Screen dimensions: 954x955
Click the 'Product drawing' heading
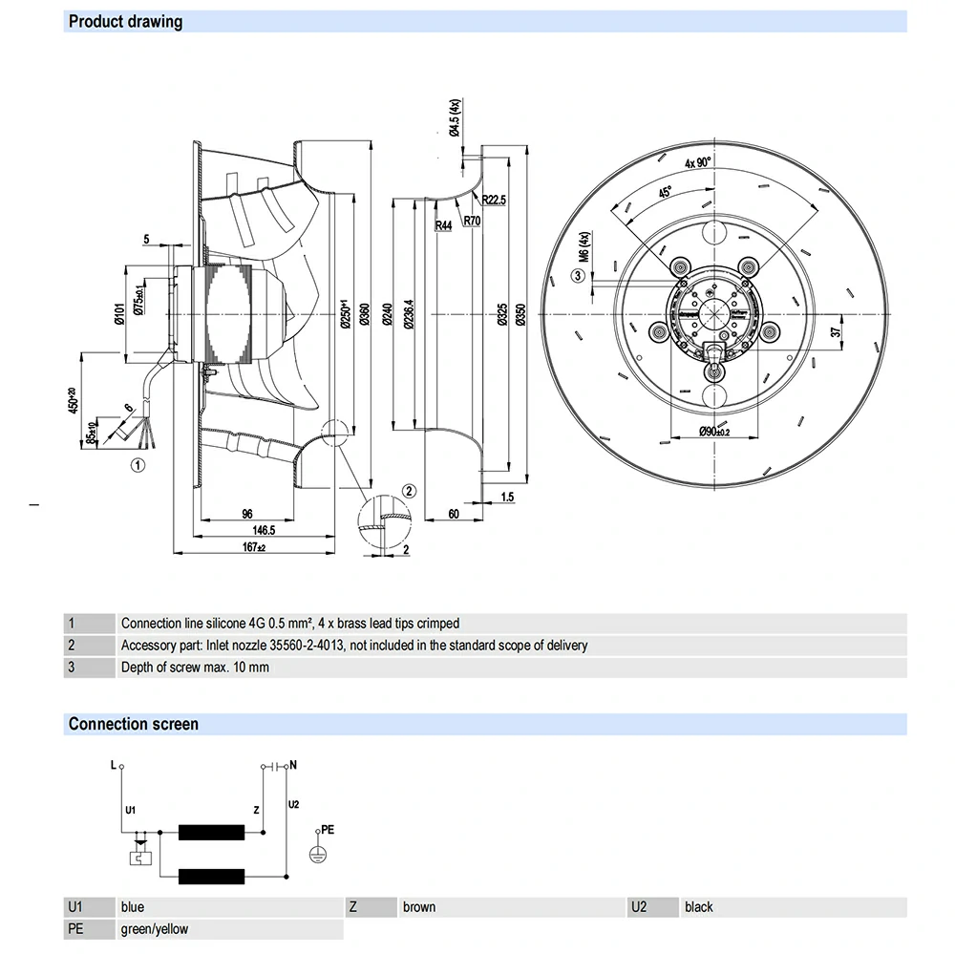click(125, 21)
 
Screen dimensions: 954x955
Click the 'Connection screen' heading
click(133, 724)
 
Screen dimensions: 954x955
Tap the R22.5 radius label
click(494, 200)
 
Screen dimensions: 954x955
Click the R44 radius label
click(443, 225)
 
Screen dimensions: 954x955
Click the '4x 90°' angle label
click(698, 162)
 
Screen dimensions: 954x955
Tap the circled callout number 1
click(138, 466)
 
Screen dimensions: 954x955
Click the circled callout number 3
click(577, 276)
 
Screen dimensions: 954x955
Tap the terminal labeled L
click(121, 766)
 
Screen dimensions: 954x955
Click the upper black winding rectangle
click(213, 833)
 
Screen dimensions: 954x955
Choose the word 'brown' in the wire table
click(419, 907)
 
